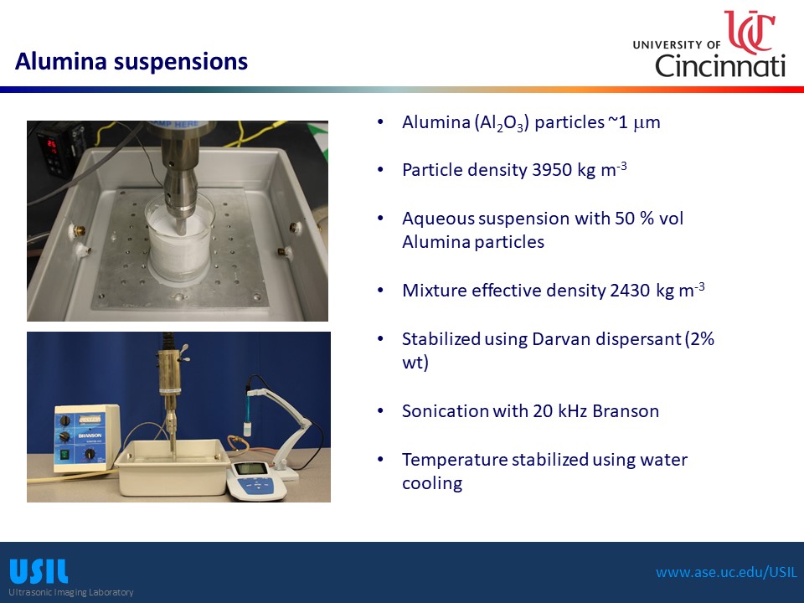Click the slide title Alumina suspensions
pyautogui.click(x=131, y=61)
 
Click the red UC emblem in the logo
pyautogui.click(x=749, y=32)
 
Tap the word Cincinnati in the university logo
pyautogui.click(x=720, y=65)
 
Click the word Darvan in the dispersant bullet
pyautogui.click(x=561, y=339)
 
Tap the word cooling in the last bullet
pyautogui.click(x=432, y=483)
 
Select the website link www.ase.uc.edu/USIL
pyautogui.click(x=727, y=572)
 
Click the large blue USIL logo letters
pyautogui.click(x=39, y=571)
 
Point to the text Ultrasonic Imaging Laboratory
pyautogui.click(x=70, y=592)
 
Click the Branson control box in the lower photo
pyautogui.click(x=86, y=438)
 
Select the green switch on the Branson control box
pyautogui.click(x=64, y=454)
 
